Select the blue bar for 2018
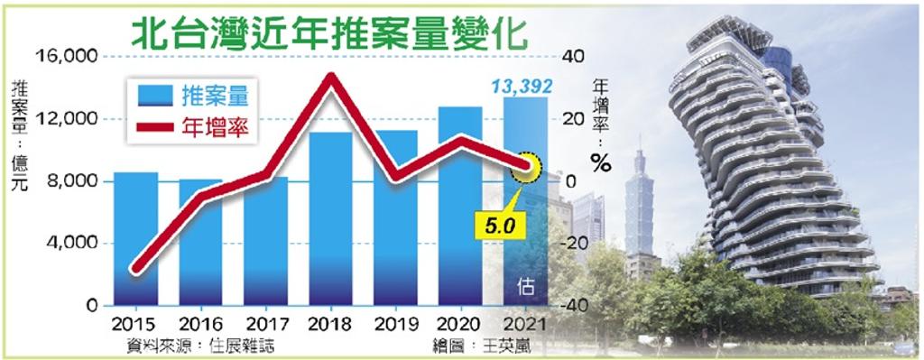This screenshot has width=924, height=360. click(330, 219)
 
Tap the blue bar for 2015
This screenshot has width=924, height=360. click(135, 239)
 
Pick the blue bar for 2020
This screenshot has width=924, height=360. click(460, 207)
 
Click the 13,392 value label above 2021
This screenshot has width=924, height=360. click(522, 87)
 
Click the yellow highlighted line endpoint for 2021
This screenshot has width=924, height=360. click(526, 167)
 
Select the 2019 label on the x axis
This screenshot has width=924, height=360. click(395, 324)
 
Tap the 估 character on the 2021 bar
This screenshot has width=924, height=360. click(526, 287)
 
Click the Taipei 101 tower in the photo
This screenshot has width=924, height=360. click(640, 194)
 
